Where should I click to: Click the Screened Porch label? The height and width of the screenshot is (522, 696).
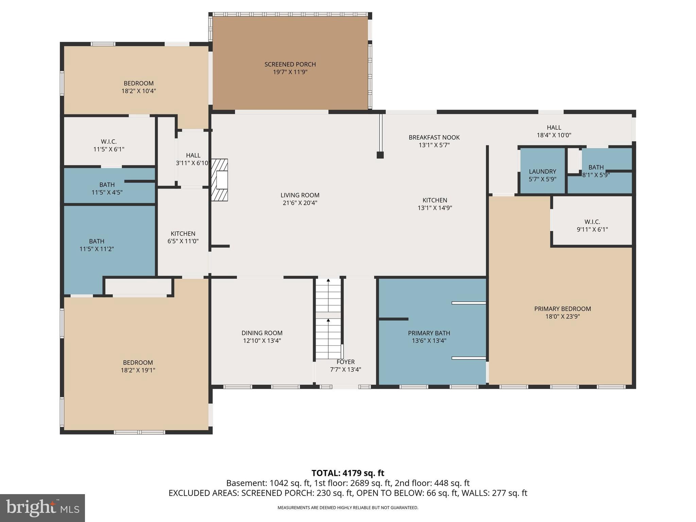(290, 64)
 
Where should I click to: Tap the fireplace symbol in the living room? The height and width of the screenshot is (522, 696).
(220, 180)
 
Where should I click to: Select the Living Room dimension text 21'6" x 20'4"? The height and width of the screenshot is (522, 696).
(299, 203)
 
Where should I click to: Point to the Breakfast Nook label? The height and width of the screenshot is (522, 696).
(434, 137)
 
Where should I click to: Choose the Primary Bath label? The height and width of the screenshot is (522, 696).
(429, 333)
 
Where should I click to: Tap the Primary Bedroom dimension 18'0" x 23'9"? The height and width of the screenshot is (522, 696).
(562, 316)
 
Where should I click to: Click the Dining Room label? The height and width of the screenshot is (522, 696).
(262, 333)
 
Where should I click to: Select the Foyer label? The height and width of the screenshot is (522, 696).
(346, 362)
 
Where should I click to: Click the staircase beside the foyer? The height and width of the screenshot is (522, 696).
(328, 319)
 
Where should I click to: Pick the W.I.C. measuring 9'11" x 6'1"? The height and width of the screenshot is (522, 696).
(592, 225)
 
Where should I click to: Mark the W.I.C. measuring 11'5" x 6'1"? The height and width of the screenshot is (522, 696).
(109, 145)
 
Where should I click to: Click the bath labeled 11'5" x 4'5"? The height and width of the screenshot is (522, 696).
(107, 188)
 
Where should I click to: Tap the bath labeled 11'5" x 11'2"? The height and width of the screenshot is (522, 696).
(97, 245)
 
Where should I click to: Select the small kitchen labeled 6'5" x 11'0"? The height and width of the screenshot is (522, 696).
(183, 237)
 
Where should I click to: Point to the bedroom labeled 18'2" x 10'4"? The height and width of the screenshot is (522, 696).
(138, 87)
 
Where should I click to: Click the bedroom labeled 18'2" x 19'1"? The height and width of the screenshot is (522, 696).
(138, 366)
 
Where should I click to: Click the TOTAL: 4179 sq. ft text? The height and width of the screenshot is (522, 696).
(348, 473)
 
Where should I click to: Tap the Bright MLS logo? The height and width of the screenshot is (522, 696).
(42, 508)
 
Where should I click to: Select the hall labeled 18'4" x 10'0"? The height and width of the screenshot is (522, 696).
(554, 131)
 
